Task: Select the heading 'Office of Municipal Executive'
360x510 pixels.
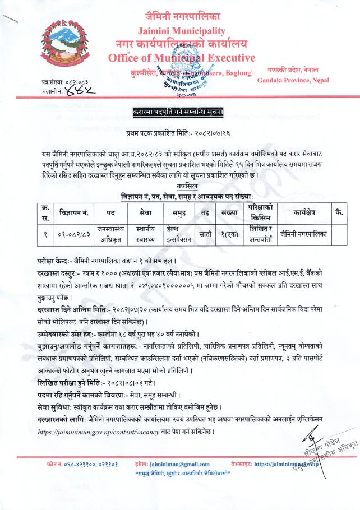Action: [x=182, y=58]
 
